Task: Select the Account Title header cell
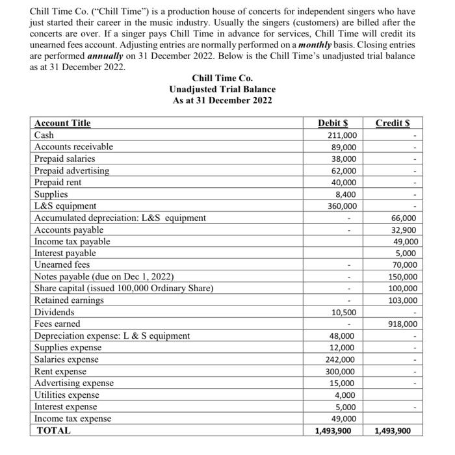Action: (x=62, y=123)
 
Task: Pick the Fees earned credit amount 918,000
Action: (x=402, y=324)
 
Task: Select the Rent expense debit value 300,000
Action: (x=341, y=371)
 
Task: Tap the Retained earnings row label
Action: (x=69, y=300)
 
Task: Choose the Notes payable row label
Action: (x=104, y=277)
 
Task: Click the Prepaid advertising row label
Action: (x=71, y=171)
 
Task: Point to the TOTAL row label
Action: (x=54, y=430)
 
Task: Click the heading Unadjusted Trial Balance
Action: (x=222, y=89)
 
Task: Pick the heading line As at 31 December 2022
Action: (x=222, y=100)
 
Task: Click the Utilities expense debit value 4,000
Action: (x=344, y=395)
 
